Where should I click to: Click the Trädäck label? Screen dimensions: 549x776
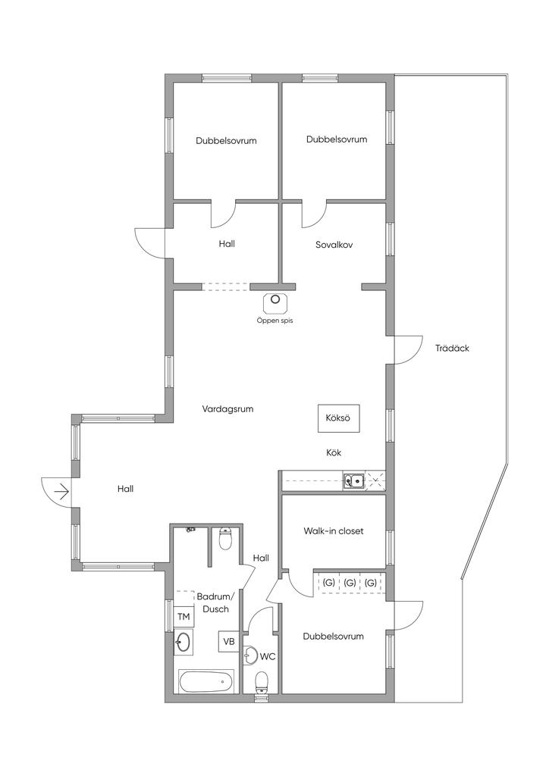pyautogui.click(x=452, y=348)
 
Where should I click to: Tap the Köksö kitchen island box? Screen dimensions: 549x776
pyautogui.click(x=338, y=418)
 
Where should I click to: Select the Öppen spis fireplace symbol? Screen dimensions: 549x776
pyautogui.click(x=276, y=302)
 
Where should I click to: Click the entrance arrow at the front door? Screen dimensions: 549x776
pyautogui.click(x=61, y=491)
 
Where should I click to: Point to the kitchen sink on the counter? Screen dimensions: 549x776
pyautogui.click(x=354, y=480)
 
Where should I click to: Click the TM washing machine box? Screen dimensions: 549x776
pyautogui.click(x=184, y=617)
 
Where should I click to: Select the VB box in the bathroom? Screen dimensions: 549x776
pyautogui.click(x=229, y=641)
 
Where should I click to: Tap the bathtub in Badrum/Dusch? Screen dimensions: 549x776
pyautogui.click(x=206, y=683)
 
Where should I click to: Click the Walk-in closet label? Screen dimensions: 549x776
pyautogui.click(x=334, y=531)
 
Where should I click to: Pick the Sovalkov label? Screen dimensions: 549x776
pyautogui.click(x=334, y=245)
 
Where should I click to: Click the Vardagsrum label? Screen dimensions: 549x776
pyautogui.click(x=227, y=409)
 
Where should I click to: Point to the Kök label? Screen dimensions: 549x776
pyautogui.click(x=334, y=452)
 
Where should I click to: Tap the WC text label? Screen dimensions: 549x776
pyautogui.click(x=268, y=657)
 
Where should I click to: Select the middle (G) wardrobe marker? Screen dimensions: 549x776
pyautogui.click(x=350, y=583)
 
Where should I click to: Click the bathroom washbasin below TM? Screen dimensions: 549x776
pyautogui.click(x=183, y=643)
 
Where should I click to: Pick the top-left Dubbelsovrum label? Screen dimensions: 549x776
pyautogui.click(x=226, y=140)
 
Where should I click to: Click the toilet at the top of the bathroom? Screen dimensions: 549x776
pyautogui.click(x=225, y=539)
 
